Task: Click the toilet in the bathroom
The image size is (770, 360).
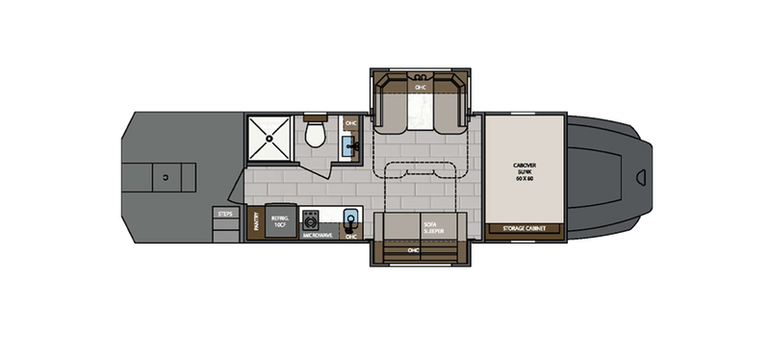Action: [314, 134]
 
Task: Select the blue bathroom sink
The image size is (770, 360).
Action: [351, 147]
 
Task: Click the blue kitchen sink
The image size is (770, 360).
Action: [351, 218]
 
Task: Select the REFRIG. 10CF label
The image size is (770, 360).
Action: [282, 221]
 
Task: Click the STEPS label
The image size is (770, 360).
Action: [226, 215]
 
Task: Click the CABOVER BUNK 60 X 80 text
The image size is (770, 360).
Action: [524, 173]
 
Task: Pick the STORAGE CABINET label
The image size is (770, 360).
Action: [525, 229]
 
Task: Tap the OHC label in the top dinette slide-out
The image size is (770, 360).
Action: [420, 88]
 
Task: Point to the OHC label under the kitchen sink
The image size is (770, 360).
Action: [351, 235]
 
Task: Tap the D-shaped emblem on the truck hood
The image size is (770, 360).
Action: [642, 177]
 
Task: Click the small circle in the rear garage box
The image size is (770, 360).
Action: [166, 176]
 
